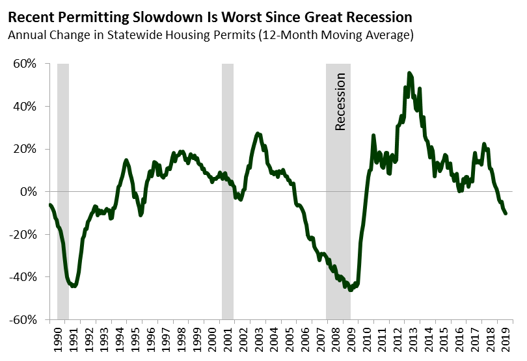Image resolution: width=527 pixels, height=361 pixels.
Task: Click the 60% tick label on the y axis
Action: (27, 64)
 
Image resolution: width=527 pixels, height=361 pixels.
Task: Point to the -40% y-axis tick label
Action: (25, 277)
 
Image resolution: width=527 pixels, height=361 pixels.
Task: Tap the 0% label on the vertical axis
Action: (31, 192)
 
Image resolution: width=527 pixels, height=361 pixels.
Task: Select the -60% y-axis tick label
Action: (25, 320)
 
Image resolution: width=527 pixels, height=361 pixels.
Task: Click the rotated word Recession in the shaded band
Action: (340, 101)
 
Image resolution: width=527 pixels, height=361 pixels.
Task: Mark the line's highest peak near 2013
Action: (409, 73)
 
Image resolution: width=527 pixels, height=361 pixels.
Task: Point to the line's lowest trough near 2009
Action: (351, 290)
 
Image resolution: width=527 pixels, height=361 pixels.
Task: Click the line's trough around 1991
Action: (74, 286)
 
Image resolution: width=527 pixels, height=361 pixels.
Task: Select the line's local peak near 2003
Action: (258, 133)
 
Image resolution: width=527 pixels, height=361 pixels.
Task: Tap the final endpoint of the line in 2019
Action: (506, 213)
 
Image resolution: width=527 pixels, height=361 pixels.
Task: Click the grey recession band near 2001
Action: (227, 192)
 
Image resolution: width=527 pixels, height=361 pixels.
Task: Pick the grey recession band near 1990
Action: (63, 192)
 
